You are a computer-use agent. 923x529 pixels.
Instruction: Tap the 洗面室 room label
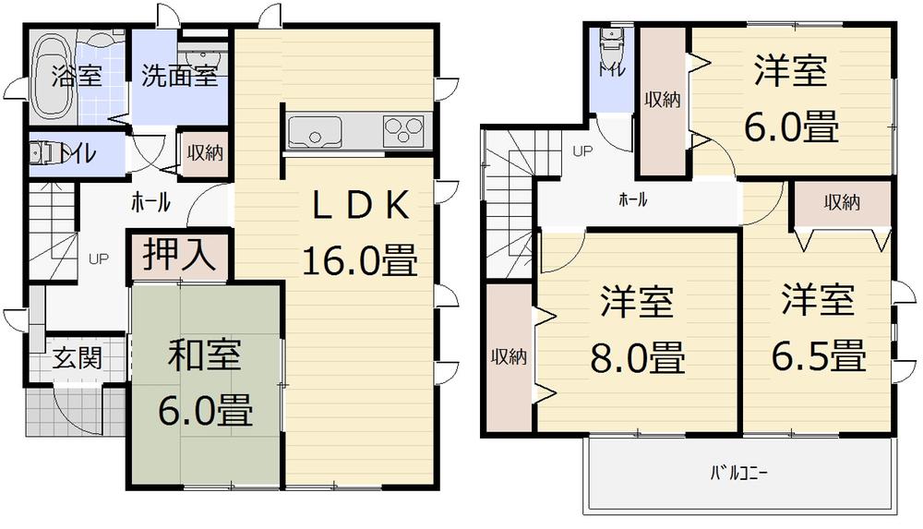click(x=179, y=76)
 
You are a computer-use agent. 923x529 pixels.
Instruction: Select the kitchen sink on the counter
click(x=316, y=131)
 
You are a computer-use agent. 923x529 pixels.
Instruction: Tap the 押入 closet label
click(x=178, y=255)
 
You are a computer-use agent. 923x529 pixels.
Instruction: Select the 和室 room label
click(x=204, y=355)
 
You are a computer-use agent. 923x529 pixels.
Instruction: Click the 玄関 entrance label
click(x=77, y=356)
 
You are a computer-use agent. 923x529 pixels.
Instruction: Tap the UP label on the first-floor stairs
click(x=98, y=258)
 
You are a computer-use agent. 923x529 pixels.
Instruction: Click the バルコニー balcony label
click(x=738, y=475)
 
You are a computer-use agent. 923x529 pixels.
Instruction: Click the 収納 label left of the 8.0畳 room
click(x=508, y=357)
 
